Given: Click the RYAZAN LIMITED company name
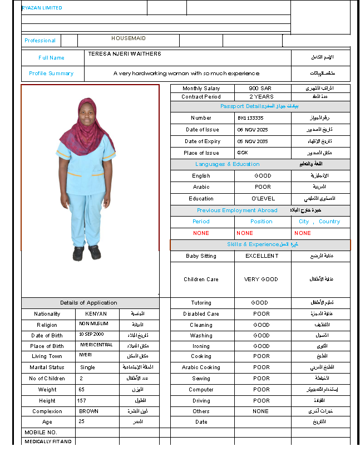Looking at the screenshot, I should click(x=42, y=8).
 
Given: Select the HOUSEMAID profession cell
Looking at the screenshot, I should click(x=129, y=38).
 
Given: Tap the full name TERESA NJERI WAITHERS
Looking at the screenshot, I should click(x=125, y=54).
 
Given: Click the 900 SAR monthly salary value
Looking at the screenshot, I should click(x=261, y=89).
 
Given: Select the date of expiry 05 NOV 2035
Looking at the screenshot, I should click(x=253, y=141).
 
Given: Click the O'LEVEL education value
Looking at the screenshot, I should click(x=263, y=198).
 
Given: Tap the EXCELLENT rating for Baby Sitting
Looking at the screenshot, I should click(x=262, y=256).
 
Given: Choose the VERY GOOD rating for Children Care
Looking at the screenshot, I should click(x=261, y=279).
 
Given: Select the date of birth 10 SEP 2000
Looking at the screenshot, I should click(x=91, y=335).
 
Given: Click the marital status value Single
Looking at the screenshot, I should click(x=87, y=367).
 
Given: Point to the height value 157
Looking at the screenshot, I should click(x=82, y=400).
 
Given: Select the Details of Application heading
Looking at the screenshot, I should click(x=89, y=303).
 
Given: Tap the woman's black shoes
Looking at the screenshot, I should click(x=86, y=253).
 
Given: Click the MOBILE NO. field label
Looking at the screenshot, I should click(x=41, y=432).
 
